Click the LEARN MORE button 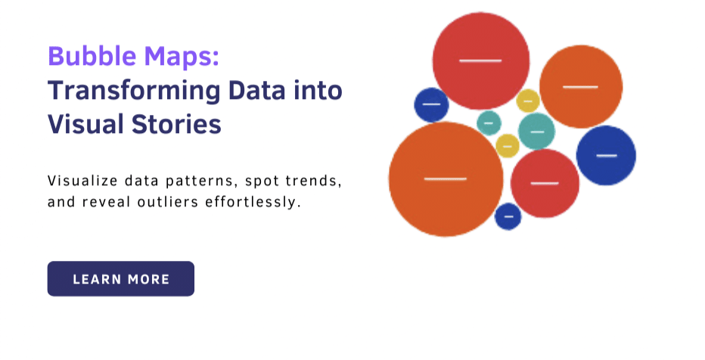[121, 278]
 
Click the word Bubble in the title [92, 56]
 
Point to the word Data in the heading [256, 90]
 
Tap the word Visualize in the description [82, 181]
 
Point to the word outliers [168, 202]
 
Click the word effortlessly [253, 203]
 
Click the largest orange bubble [446, 179]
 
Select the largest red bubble [480, 61]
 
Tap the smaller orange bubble [581, 87]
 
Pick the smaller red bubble [545, 183]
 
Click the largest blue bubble [606, 156]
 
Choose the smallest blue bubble [508, 216]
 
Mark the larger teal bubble [537, 132]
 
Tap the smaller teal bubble [489, 123]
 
